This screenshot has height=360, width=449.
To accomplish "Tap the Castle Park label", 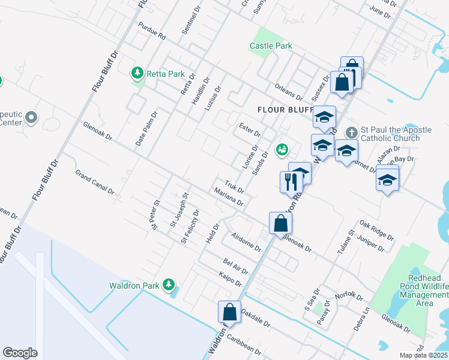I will (271, 46).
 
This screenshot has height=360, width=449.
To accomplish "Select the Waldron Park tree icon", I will (170, 283).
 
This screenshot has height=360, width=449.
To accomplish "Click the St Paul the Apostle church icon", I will (353, 131).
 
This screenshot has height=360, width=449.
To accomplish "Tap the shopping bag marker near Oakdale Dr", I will (229, 312).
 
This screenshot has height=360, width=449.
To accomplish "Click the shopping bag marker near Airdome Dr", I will (280, 224).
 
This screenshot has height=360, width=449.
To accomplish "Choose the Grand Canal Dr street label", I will (94, 181).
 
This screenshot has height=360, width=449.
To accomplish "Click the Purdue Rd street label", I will (151, 32).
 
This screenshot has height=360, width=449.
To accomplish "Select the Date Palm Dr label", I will (146, 125).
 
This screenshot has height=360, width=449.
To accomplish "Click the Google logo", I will (20, 353).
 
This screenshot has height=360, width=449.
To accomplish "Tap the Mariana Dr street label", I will (228, 196).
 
